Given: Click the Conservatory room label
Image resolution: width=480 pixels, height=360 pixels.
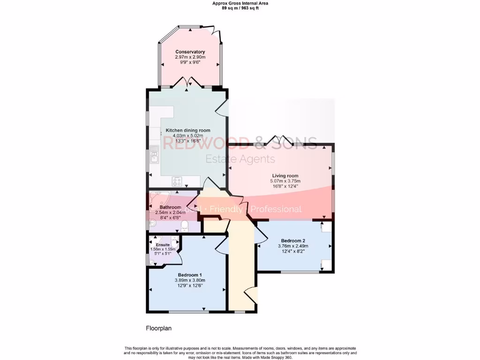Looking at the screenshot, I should (190, 52).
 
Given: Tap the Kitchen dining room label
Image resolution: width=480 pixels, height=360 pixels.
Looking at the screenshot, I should (188, 130).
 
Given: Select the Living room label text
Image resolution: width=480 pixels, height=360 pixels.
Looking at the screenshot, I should (285, 176).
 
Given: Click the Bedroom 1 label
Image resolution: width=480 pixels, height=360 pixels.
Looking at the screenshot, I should (190, 275).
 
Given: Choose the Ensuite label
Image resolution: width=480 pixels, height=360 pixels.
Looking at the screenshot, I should (163, 245).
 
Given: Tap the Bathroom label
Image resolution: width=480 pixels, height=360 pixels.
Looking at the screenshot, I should (170, 207).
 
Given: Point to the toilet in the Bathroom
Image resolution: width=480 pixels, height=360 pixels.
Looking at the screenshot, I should (184, 226).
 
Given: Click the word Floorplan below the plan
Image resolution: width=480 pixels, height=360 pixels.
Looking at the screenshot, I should (158, 329).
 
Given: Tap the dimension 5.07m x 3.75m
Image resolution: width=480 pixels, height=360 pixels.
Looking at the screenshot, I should (285, 181).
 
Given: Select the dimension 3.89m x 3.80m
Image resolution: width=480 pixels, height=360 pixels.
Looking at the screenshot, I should (190, 280).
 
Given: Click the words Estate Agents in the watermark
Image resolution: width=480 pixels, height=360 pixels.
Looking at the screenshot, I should (240, 159).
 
